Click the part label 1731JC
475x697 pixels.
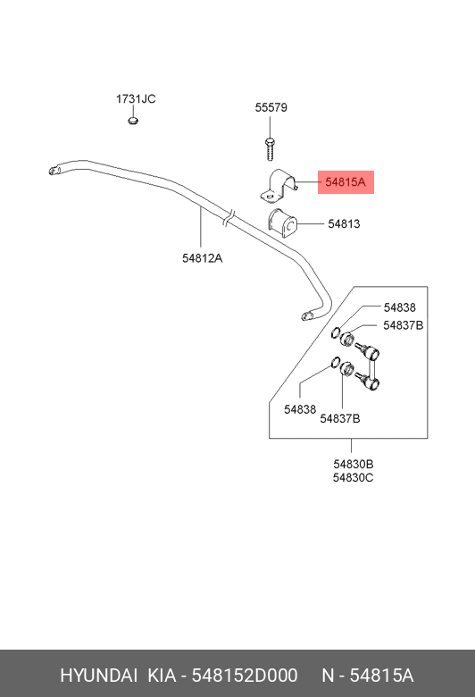(x=136, y=98)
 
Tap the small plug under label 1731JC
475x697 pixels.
(x=132, y=120)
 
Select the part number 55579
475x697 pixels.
(x=271, y=107)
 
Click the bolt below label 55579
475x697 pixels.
(x=270, y=149)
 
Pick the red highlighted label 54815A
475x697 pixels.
(x=346, y=182)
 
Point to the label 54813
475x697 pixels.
(x=344, y=223)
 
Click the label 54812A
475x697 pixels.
(x=202, y=258)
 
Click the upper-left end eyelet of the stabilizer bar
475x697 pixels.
(x=54, y=171)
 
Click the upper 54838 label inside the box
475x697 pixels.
(x=400, y=307)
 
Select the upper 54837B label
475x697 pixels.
(x=404, y=325)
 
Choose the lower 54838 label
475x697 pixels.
(x=300, y=409)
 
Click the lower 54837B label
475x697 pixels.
(x=340, y=418)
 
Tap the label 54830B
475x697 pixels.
(x=354, y=464)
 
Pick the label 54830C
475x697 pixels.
(x=354, y=477)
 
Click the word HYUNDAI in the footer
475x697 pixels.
(x=98, y=676)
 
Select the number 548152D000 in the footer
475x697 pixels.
(x=245, y=676)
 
